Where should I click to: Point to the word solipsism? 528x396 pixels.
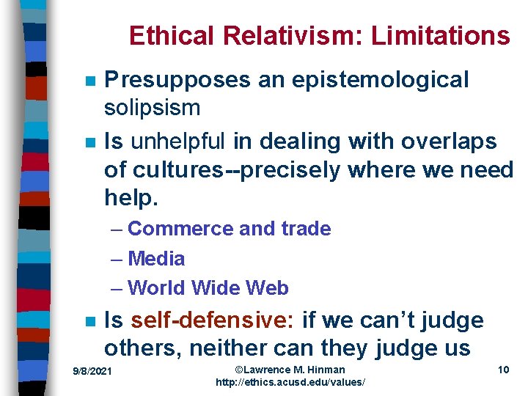click(x=152, y=109)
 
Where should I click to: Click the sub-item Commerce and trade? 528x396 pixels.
click(x=230, y=229)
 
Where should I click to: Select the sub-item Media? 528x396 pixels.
click(x=156, y=259)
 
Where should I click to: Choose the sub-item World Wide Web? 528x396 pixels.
click(x=208, y=288)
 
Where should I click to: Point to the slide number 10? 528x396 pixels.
click(x=503, y=370)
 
